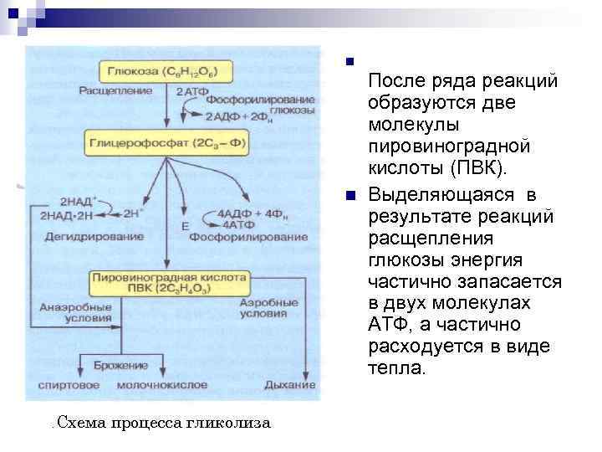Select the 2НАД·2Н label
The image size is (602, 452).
66,214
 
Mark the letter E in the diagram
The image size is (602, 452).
185,226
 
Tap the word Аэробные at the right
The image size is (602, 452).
269,301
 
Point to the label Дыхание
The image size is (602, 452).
290,385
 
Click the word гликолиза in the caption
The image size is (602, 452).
234,422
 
